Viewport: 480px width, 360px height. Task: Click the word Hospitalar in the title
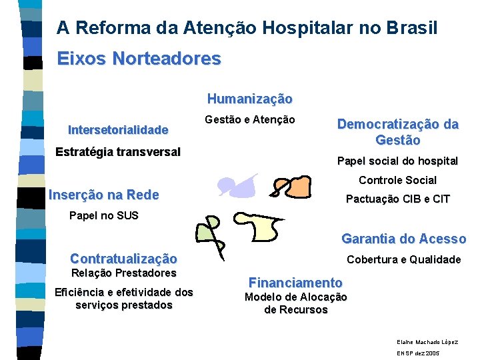301,28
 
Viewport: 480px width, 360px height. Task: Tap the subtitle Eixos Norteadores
139,59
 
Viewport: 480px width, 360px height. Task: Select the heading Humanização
249,99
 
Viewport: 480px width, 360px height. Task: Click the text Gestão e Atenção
249,119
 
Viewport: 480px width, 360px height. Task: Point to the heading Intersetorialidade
118,129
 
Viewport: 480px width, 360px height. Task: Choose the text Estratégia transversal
118,151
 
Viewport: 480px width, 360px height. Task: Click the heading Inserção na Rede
104,195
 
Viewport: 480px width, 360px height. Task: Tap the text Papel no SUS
104,215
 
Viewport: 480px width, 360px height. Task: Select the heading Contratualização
123,259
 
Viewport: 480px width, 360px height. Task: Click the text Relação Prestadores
123,273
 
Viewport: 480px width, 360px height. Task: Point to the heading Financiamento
295,282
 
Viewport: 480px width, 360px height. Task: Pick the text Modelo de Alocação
295,297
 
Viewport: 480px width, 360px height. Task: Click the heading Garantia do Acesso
403,239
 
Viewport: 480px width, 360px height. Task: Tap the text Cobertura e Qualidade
403,259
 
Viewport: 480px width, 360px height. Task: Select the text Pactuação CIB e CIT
397,199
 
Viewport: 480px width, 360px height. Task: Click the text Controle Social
397,180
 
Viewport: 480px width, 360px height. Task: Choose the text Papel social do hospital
397,161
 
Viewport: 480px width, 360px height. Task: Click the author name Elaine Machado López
427,341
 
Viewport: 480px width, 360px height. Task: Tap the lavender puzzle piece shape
239,185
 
